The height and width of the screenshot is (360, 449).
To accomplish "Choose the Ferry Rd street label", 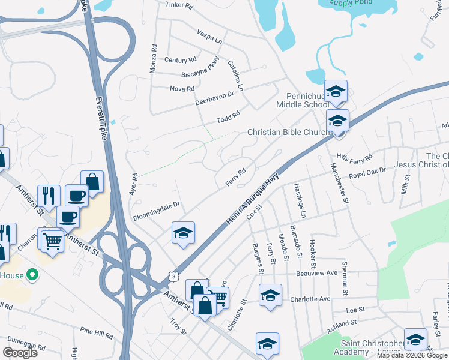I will coord(236,176).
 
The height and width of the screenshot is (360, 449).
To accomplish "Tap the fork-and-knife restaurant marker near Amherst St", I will coord(49,196).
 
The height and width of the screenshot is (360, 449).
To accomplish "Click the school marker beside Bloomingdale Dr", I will coord(183,232).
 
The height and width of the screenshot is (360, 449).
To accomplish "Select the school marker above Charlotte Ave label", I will coord(270,295).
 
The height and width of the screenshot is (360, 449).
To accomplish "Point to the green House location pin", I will coord(33,275).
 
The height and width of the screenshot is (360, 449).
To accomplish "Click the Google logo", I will coord(20,353).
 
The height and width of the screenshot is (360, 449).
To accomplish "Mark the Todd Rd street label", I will coord(228,116).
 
